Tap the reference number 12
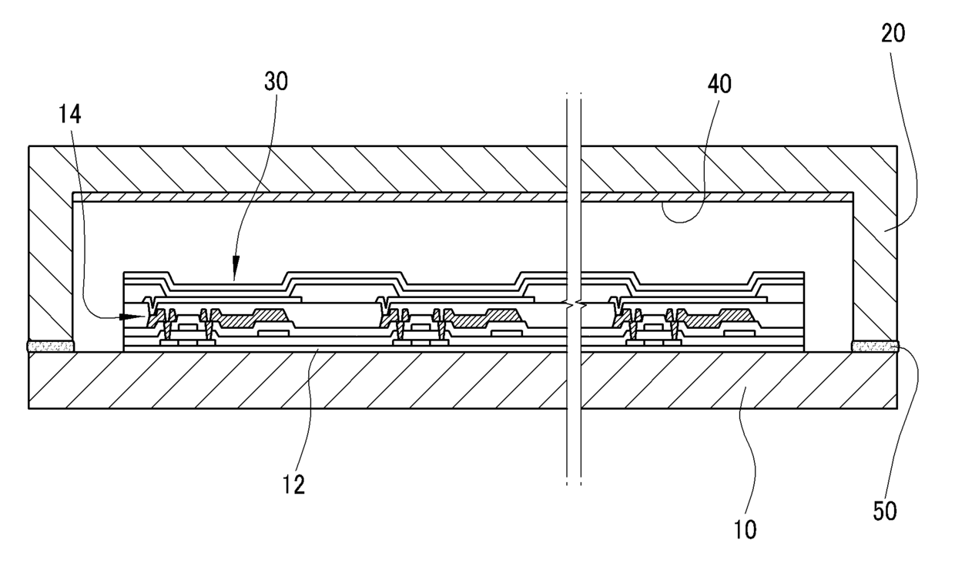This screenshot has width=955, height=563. click(x=294, y=484)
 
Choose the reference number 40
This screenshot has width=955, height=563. click(x=715, y=84)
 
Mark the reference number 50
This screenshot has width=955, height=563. click(x=886, y=511)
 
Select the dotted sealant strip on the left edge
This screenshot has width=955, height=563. click(x=51, y=347)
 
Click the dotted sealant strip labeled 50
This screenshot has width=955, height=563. click(x=875, y=347)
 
